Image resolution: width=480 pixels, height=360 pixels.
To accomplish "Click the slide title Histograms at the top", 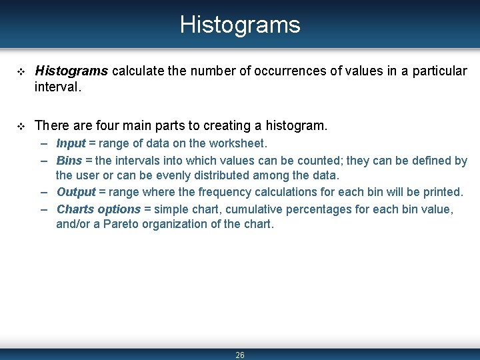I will pos(240,25).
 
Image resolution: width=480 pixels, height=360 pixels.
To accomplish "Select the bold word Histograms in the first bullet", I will pos(72,71).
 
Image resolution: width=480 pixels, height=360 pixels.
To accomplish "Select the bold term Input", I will pos(71,143).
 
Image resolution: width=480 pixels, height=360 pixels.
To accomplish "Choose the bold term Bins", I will pos(69,161).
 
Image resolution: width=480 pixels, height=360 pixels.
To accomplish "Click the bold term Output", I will pos(76,192).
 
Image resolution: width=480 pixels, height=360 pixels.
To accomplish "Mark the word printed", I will pos(441,192).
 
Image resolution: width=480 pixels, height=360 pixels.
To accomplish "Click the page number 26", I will pos(240,355).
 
